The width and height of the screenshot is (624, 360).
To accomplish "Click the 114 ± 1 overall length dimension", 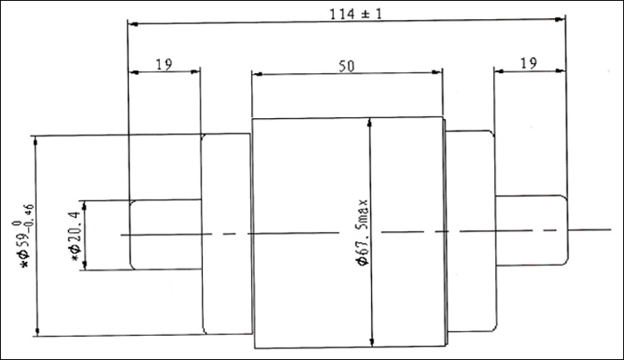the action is pyautogui.click(x=355, y=14).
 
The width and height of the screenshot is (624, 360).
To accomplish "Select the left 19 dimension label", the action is pyautogui.click(x=164, y=64).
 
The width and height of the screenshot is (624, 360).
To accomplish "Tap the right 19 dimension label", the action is pyautogui.click(x=528, y=63).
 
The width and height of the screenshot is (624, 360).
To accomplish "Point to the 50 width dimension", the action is pyautogui.click(x=346, y=66).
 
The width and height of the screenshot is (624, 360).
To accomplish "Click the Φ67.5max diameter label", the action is pyautogui.click(x=364, y=232).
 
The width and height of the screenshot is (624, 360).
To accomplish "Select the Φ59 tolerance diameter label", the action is pyautogui.click(x=23, y=235).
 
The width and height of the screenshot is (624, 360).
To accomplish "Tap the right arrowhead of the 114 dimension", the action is pyautogui.click(x=560, y=19).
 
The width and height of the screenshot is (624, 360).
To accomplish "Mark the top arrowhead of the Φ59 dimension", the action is pyautogui.click(x=36, y=141).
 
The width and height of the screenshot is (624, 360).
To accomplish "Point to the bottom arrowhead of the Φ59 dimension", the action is pyautogui.click(x=37, y=331).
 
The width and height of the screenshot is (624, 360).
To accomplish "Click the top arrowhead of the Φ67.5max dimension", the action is pyautogui.click(x=369, y=123).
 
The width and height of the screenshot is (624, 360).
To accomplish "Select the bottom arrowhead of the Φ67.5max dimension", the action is pyautogui.click(x=372, y=342).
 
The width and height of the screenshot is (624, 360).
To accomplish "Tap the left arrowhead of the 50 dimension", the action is pyautogui.click(x=257, y=74).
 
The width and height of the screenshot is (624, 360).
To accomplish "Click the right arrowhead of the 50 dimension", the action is pyautogui.click(x=437, y=72).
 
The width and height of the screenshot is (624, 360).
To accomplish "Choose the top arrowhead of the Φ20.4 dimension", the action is pyautogui.click(x=84, y=206).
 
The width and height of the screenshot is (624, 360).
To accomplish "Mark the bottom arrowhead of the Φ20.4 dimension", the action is pyautogui.click(x=84, y=264).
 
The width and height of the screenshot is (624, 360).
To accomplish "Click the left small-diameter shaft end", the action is pyautogui.click(x=166, y=234).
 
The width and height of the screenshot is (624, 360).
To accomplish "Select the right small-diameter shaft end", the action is pyautogui.click(x=532, y=230).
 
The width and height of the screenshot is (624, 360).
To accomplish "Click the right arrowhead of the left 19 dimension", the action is pyautogui.click(x=195, y=72).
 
